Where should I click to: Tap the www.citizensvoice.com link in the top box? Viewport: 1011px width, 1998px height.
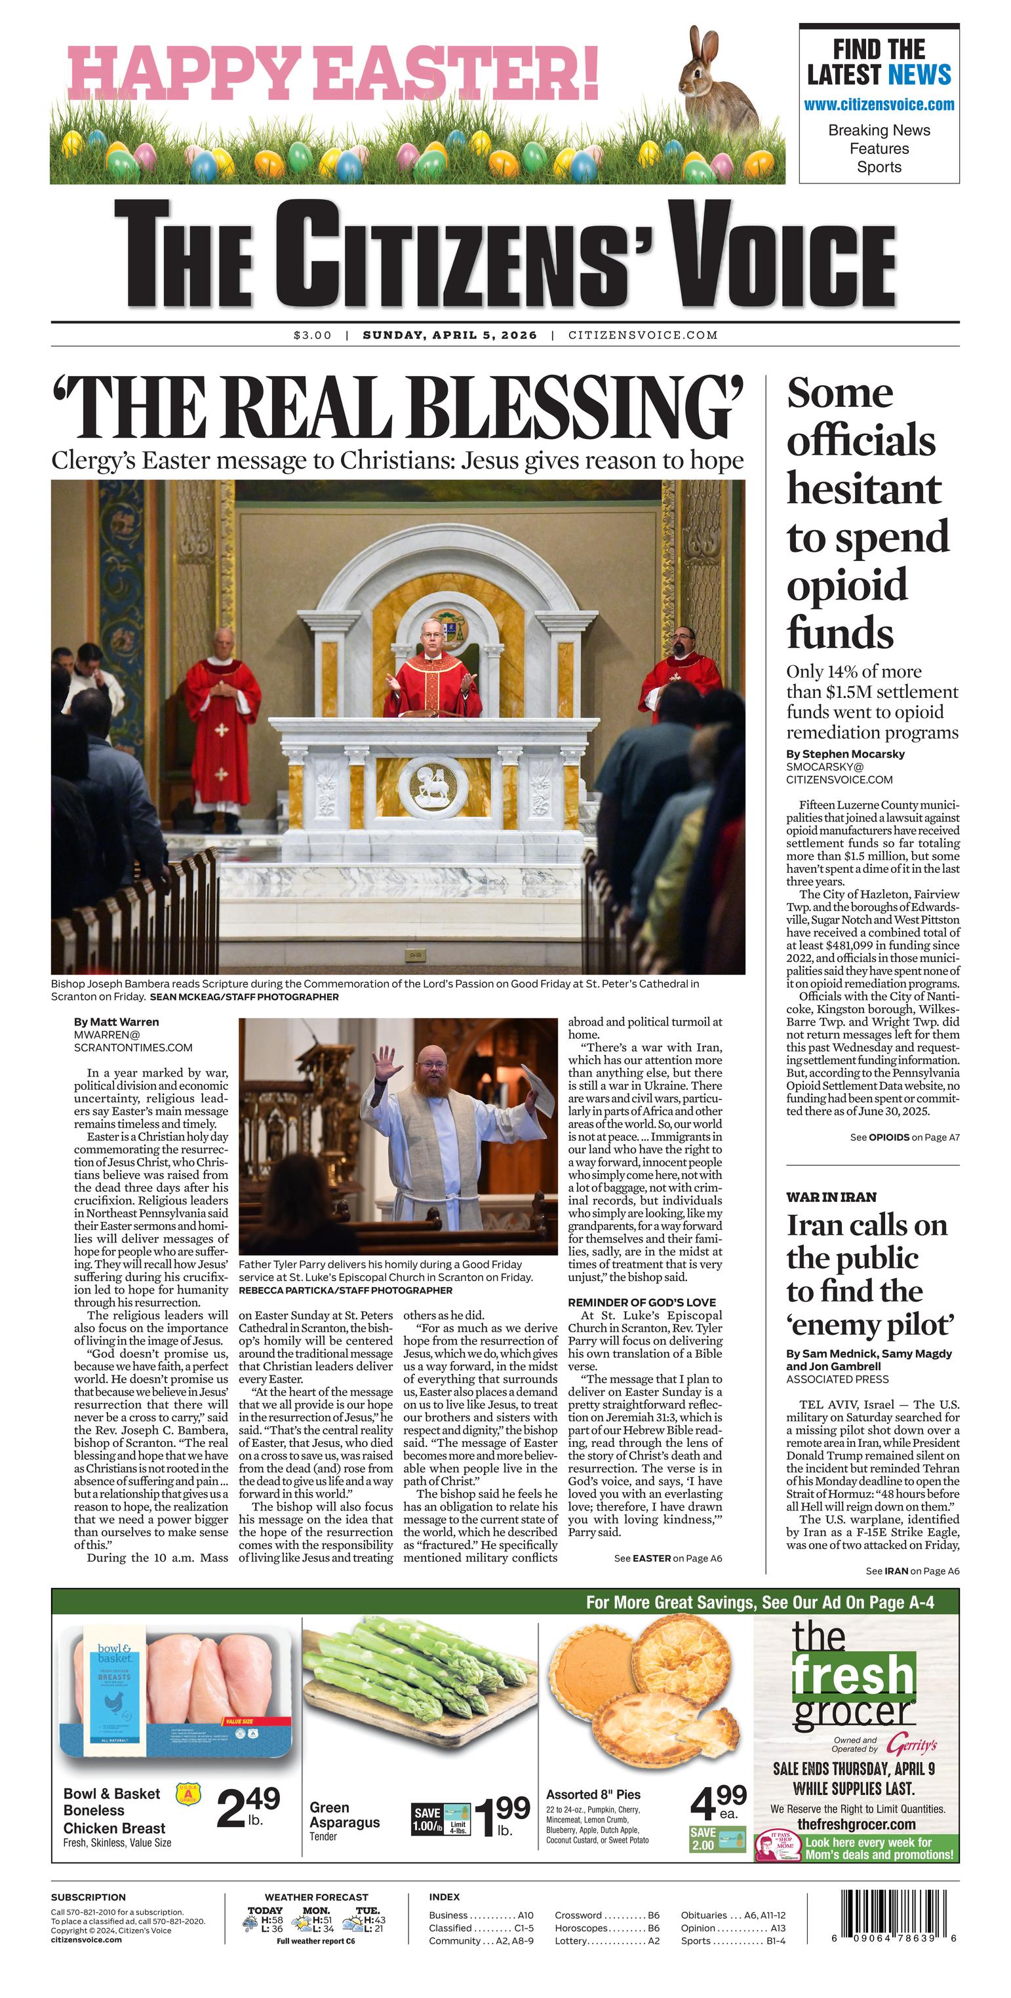879,105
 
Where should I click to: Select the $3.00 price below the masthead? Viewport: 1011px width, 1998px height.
312,335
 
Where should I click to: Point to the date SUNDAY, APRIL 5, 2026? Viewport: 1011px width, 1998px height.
449,335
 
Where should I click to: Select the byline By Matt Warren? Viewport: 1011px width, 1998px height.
117,1022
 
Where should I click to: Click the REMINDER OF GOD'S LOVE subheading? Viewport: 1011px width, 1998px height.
642,1302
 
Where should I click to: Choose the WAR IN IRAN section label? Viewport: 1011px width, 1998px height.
831,1197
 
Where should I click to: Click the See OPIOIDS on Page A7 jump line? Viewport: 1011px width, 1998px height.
904,1137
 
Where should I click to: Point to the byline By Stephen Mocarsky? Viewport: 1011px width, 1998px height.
845,754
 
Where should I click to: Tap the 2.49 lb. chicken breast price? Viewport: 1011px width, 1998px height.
248,1807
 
